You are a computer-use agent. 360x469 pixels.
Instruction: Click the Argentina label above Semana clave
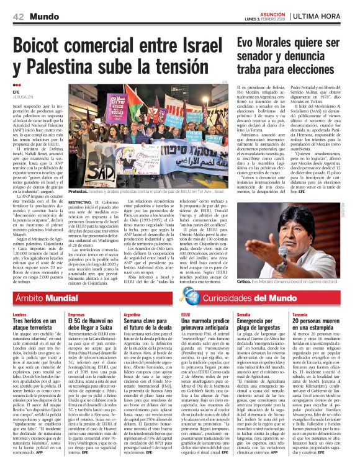point(132,314)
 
